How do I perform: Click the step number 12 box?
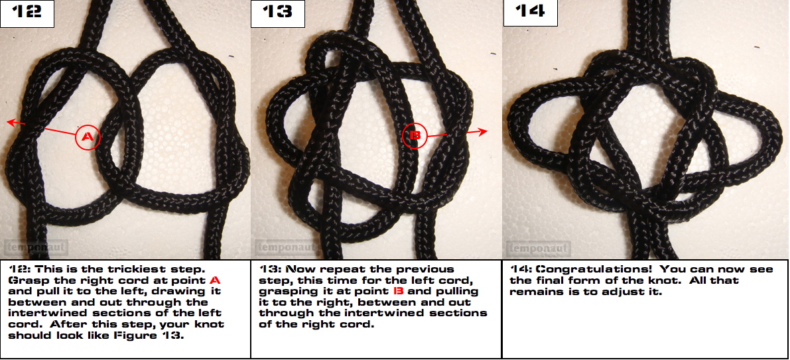pos(27,13)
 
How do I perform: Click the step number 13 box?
pos(278,13)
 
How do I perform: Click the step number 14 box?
pos(531,13)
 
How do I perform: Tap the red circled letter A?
pos(88,137)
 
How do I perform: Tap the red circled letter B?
pos(415,135)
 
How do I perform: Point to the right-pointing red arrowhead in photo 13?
pos(482,131)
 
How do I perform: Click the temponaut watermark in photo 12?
pos(36,248)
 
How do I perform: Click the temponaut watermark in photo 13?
pos(287,248)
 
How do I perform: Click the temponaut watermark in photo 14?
pos(539,248)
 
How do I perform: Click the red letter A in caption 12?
pos(215,280)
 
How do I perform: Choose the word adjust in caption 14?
pos(629,292)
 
